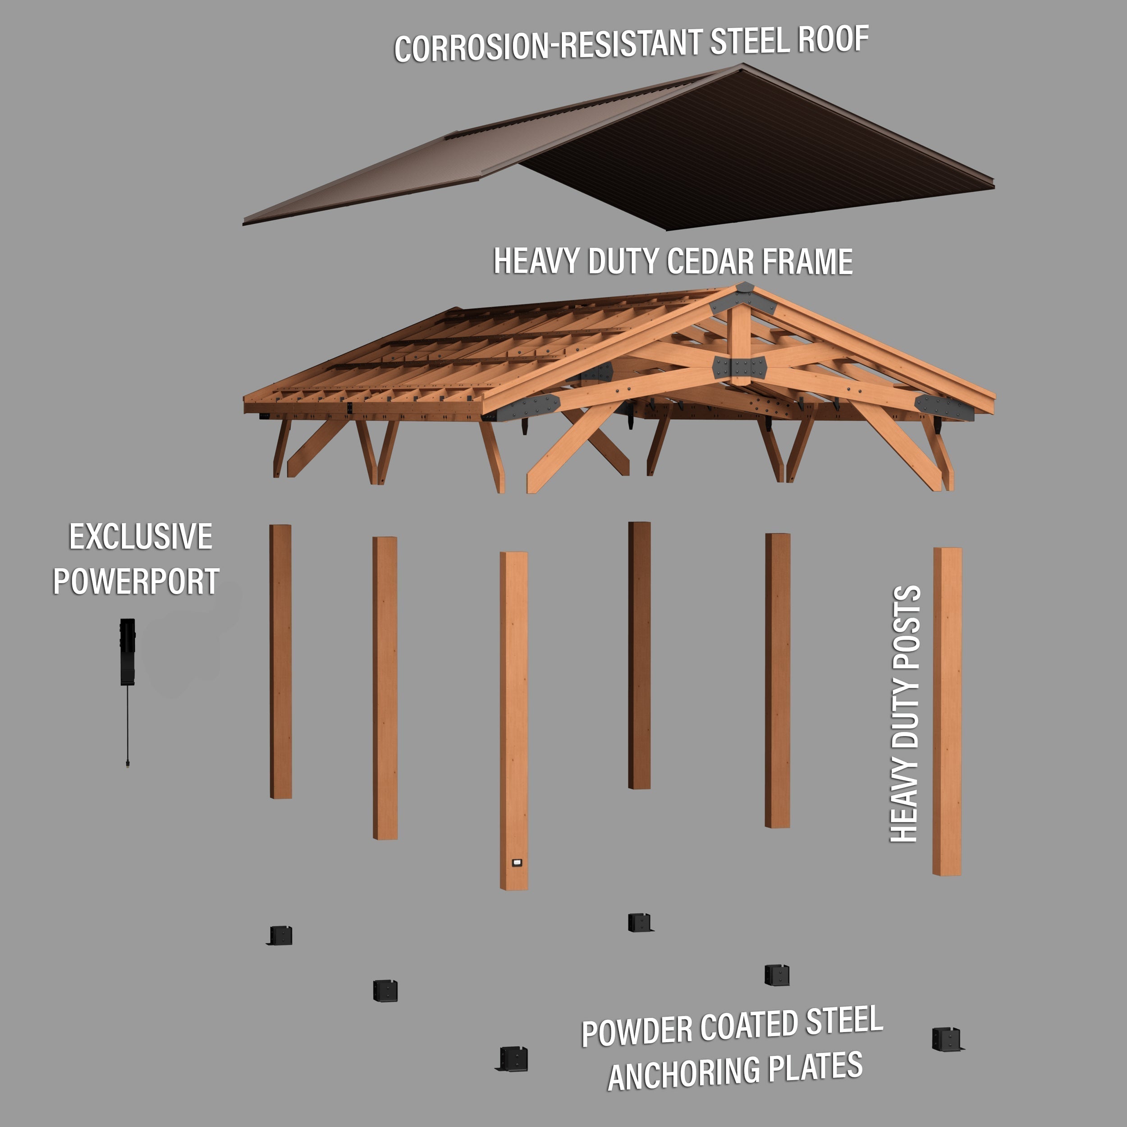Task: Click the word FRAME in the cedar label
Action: coord(807,262)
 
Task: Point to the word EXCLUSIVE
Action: coord(141,536)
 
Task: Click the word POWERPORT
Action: coord(136,582)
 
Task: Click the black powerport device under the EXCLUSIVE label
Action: coord(127,651)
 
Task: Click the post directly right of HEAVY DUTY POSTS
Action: coord(947,712)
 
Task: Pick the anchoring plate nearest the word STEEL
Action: coord(776,974)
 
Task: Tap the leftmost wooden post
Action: coord(280,661)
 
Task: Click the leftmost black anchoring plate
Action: coord(280,936)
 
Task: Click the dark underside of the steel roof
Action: coord(758,151)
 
